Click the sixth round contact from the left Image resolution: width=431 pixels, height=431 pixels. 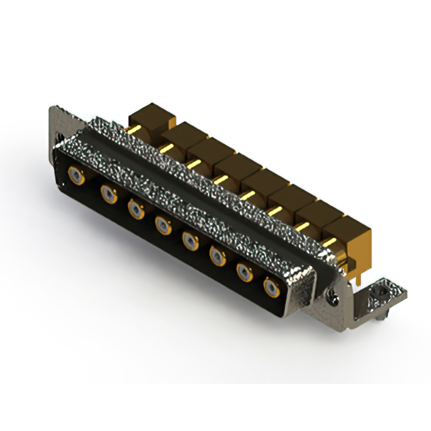(x=218, y=255)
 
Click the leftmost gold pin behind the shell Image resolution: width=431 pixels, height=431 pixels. (x=135, y=129)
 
